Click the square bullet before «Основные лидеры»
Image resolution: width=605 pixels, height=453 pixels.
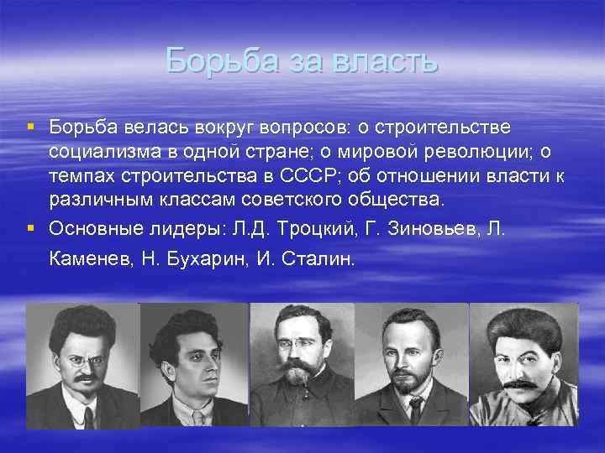pos(30,226)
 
